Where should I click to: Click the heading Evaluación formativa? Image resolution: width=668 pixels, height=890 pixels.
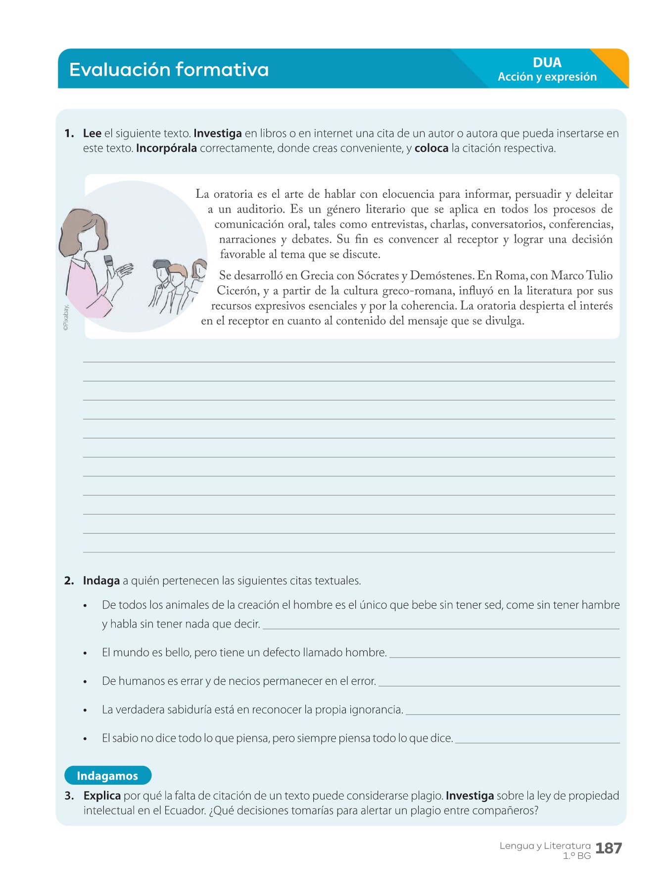click(x=169, y=70)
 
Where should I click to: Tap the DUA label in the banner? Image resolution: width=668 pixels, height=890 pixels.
click(x=547, y=63)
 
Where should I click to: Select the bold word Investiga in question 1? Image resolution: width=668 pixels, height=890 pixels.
click(x=218, y=133)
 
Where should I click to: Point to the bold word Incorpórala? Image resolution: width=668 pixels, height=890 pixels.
click(x=166, y=148)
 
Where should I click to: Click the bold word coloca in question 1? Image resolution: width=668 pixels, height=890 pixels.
click(x=431, y=148)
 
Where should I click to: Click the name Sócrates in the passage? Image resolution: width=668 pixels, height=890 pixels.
click(x=378, y=276)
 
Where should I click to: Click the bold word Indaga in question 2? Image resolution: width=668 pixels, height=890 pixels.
click(x=101, y=581)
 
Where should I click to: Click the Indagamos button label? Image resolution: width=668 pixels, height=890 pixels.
click(x=107, y=776)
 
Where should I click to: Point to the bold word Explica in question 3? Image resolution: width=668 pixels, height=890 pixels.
click(x=102, y=796)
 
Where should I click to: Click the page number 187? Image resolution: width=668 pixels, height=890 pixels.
click(x=609, y=848)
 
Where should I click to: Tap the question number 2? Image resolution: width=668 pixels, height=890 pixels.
click(x=69, y=581)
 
